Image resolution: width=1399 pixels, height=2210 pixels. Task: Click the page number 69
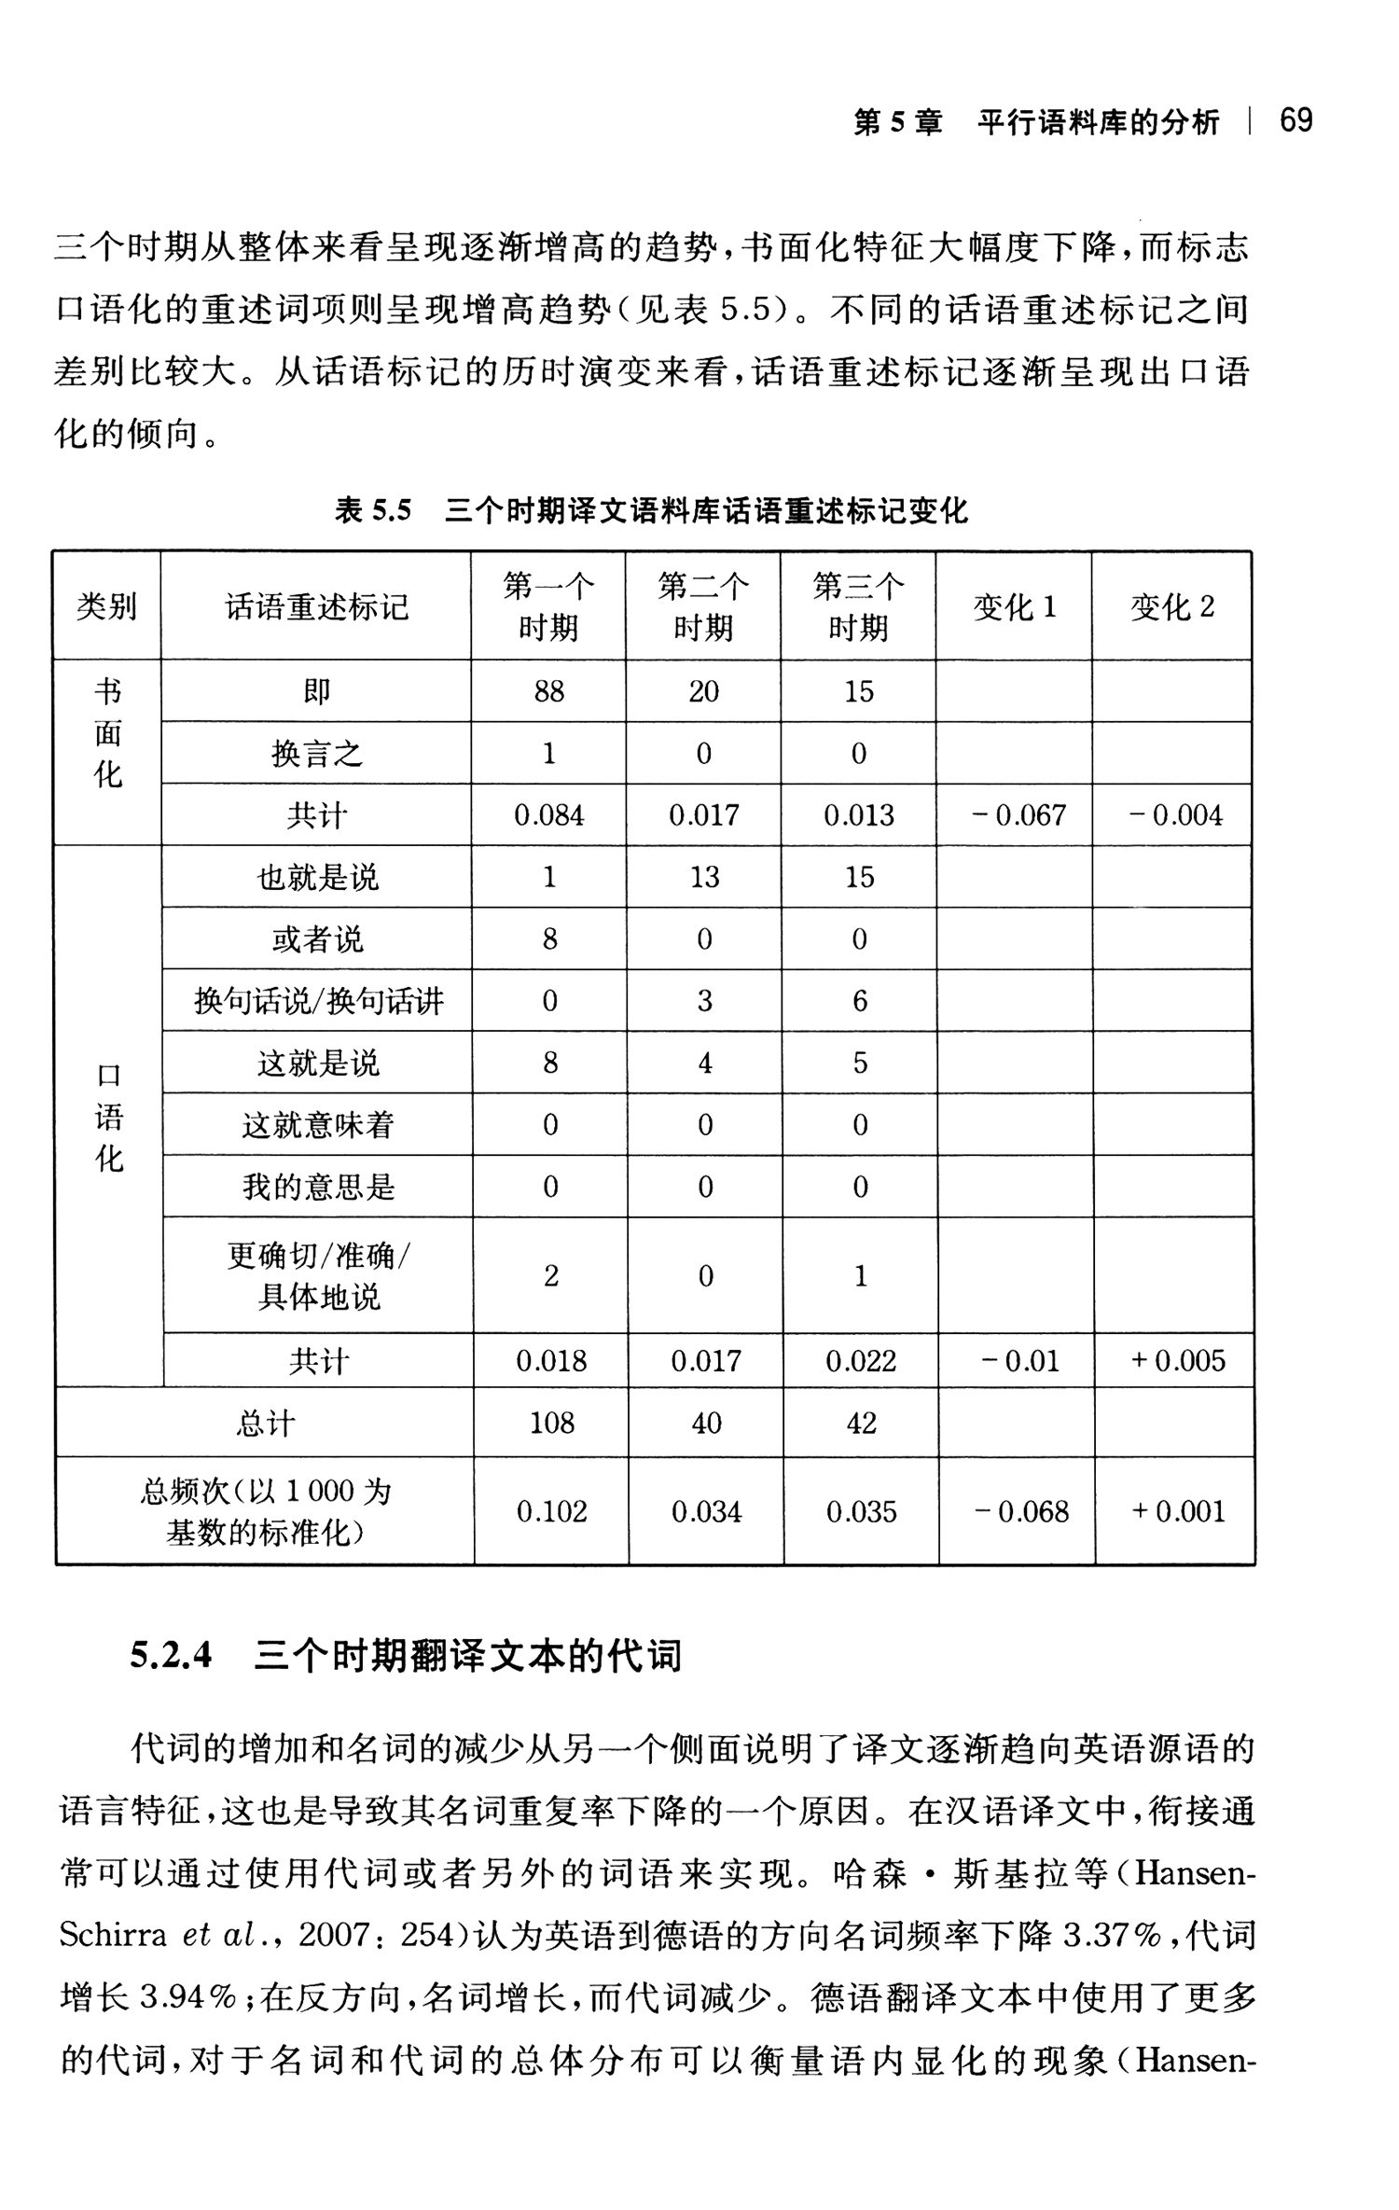(1295, 120)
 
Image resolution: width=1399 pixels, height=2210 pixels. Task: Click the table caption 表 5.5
(373, 510)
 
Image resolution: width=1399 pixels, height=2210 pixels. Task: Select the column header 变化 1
(1014, 607)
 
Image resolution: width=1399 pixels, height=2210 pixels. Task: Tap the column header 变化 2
(1172, 607)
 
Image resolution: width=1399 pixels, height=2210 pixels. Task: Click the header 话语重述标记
(317, 607)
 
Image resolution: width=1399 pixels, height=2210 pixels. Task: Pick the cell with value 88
(548, 691)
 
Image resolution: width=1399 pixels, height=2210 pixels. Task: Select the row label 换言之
(317, 753)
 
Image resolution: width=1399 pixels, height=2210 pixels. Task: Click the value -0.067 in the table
(1018, 815)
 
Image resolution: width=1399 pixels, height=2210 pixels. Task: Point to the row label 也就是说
(318, 877)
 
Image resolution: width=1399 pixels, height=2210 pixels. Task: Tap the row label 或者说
(317, 938)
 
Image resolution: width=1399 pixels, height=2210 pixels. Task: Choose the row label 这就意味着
(318, 1125)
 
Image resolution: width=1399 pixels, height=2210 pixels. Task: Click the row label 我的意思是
(318, 1187)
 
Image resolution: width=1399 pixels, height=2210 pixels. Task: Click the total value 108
(551, 1423)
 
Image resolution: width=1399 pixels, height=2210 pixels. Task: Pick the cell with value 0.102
(551, 1511)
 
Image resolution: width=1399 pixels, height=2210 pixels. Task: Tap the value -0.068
(1020, 1511)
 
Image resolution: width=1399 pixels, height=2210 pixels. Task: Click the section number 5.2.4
(171, 1656)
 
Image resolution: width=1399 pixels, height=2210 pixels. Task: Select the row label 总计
(265, 1424)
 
